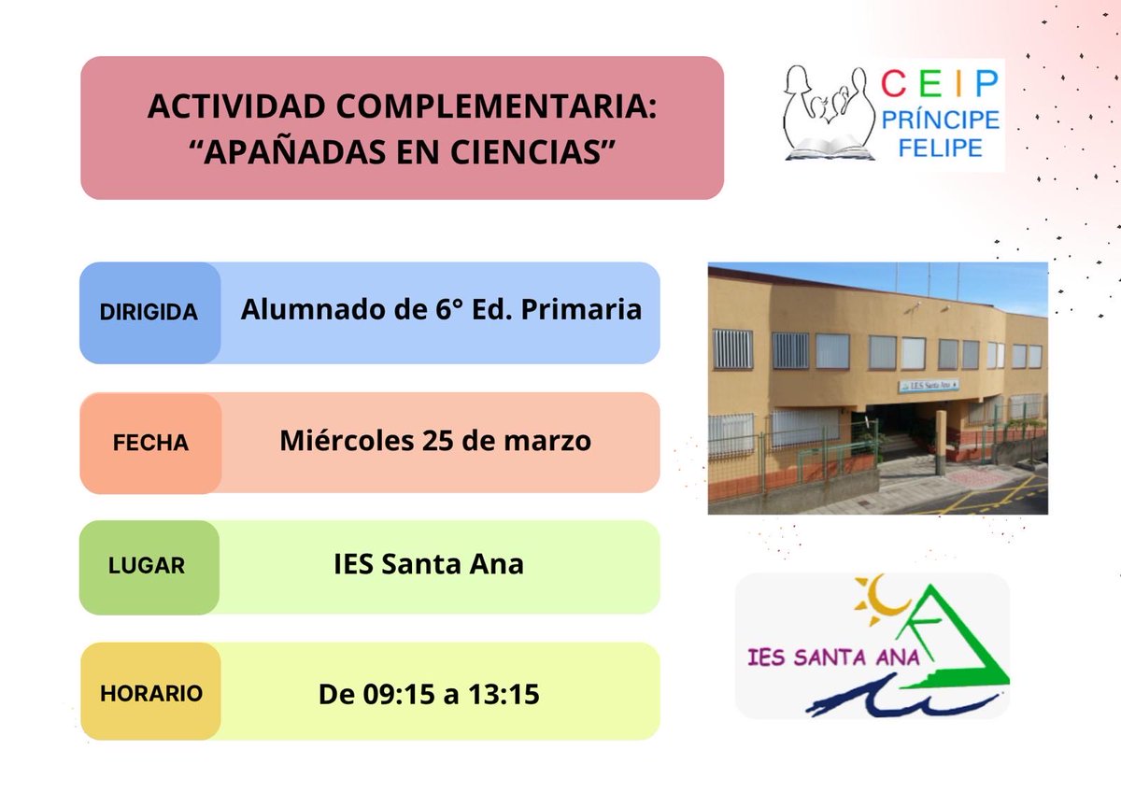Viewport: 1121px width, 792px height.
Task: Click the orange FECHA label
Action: coord(150,444)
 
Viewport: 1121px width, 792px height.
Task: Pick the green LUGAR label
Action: coord(147,566)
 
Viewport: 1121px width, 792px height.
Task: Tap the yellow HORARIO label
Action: coord(150,693)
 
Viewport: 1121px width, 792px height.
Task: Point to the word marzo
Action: coord(549,441)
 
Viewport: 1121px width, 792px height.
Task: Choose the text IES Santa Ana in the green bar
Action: coord(429,565)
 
